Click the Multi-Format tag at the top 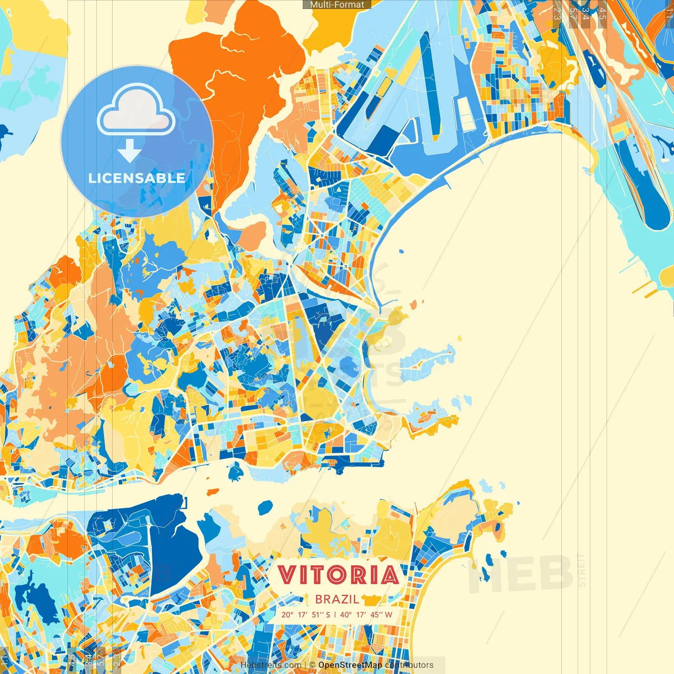point(337,5)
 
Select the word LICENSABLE point(137,178)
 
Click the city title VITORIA point(338,574)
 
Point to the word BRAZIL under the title point(337,599)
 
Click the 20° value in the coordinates point(288,614)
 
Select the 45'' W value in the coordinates point(381,614)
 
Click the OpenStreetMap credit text point(350,665)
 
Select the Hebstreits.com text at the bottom point(271,665)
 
